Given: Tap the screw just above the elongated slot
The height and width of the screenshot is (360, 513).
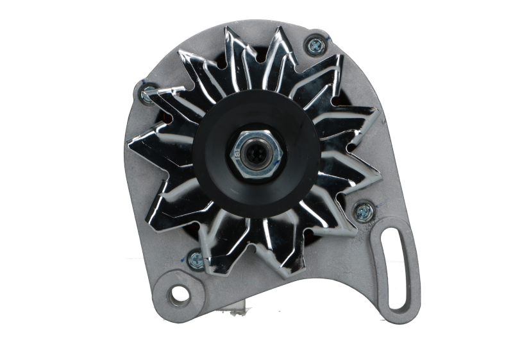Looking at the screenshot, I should [362, 210].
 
